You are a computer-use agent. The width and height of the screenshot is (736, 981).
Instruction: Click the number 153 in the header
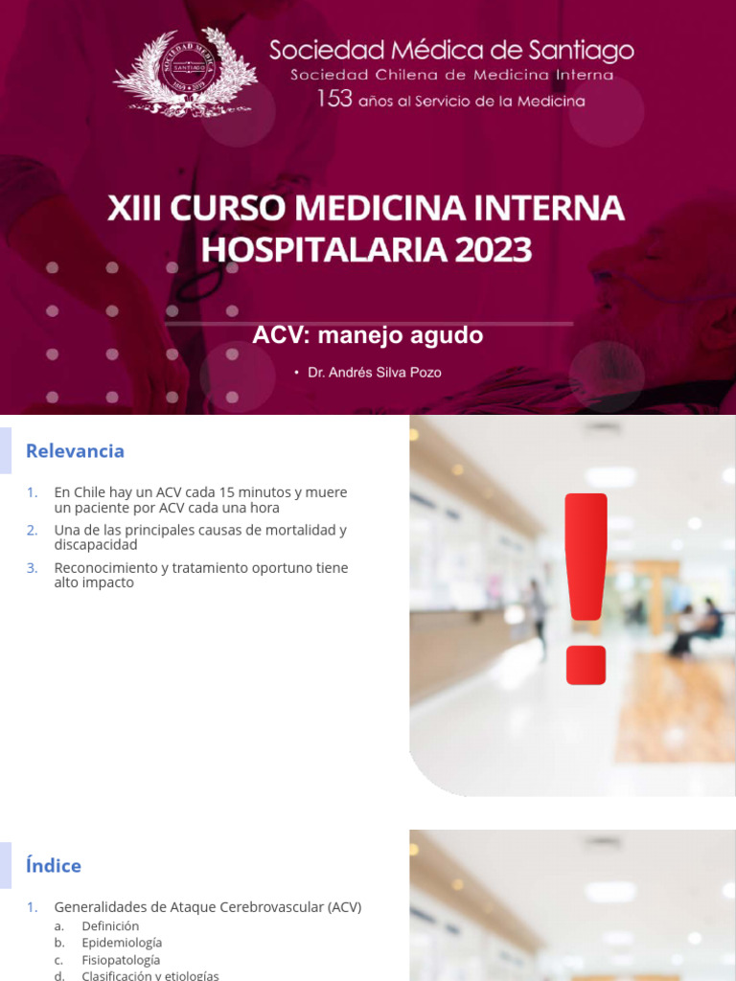pyautogui.click(x=334, y=99)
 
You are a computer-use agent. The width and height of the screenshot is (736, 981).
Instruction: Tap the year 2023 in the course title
pyautogui.click(x=494, y=249)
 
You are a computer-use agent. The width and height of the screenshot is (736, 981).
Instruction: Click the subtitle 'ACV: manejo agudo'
pyautogui.click(x=367, y=335)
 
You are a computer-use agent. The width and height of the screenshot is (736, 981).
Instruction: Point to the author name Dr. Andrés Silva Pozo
pyautogui.click(x=375, y=373)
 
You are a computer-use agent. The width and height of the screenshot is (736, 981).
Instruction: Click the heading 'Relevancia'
pyautogui.click(x=75, y=451)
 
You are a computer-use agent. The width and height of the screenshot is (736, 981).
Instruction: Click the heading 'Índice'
pyautogui.click(x=54, y=866)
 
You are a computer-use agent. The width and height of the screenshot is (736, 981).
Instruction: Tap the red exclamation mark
pyautogui.click(x=586, y=586)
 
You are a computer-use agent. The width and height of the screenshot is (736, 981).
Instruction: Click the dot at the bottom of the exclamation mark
pyautogui.click(x=586, y=665)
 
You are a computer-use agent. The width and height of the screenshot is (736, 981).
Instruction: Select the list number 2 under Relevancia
pyautogui.click(x=33, y=530)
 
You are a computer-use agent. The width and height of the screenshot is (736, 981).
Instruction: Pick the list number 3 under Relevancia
pyautogui.click(x=33, y=568)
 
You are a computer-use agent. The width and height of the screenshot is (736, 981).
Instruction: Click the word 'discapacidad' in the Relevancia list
pyautogui.click(x=96, y=544)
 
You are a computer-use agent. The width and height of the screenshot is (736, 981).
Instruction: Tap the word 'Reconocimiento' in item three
pyautogui.click(x=104, y=568)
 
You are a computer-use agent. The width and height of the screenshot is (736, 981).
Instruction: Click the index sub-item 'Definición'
pyautogui.click(x=110, y=926)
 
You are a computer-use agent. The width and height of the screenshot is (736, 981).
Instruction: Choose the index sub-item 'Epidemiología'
pyautogui.click(x=122, y=943)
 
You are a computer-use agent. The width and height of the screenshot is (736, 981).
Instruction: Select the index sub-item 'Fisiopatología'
pyautogui.click(x=121, y=960)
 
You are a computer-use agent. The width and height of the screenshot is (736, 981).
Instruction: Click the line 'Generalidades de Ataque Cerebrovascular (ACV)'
pyautogui.click(x=208, y=907)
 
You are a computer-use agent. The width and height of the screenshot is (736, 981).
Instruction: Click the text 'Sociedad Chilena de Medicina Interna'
pyautogui.click(x=451, y=75)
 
